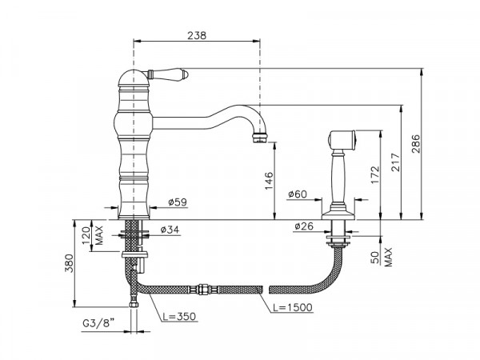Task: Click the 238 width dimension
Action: [x=197, y=35]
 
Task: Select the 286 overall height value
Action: [x=416, y=144]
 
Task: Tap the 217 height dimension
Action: [x=395, y=162]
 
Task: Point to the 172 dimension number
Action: [x=374, y=175]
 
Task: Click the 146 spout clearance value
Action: [x=269, y=181]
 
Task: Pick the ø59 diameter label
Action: [x=178, y=202]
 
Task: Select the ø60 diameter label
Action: [x=298, y=194]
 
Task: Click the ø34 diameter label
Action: [x=170, y=230]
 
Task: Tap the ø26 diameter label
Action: [x=304, y=226]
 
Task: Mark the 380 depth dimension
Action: [x=69, y=263]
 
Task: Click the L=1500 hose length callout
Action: [x=293, y=307]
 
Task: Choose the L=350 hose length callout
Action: [x=178, y=316]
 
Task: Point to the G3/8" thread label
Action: [x=98, y=322]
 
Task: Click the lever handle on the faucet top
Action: [x=168, y=74]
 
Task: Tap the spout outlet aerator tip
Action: [x=259, y=138]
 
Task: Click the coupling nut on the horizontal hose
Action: [x=200, y=290]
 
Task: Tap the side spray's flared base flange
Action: [x=338, y=214]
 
